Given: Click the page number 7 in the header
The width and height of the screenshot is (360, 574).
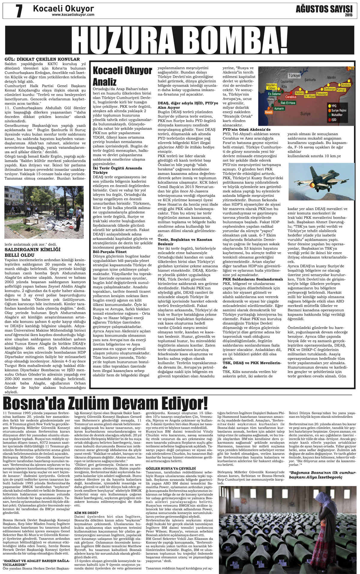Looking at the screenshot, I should click(19, 11).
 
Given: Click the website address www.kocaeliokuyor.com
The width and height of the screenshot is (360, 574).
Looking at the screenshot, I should click(73, 14).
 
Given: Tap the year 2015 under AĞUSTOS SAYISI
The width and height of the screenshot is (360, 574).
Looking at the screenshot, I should click(348, 15).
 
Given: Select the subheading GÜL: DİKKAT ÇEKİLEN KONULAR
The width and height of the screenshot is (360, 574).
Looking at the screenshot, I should click(42, 59).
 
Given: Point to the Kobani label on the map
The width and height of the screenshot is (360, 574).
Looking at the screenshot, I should click(299, 93).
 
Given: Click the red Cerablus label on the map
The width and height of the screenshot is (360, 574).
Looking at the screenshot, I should click(290, 97).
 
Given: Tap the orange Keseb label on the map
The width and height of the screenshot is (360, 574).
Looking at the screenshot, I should click(269, 112).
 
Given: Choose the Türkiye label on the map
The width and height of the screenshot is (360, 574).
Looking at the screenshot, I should click(294, 76).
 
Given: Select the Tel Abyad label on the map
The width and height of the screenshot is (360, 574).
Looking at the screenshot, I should click(310, 96).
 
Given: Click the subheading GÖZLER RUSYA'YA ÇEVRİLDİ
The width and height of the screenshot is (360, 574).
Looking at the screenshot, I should click(170, 468).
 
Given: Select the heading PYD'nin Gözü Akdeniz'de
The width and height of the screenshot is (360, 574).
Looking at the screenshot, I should click(247, 129).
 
